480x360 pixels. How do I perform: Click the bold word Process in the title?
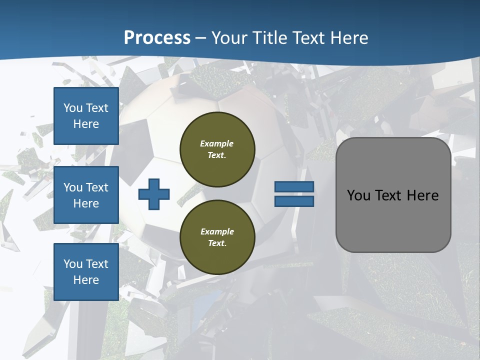tap(157, 38)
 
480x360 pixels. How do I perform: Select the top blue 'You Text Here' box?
tap(86, 116)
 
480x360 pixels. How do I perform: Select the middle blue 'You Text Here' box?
tap(86, 195)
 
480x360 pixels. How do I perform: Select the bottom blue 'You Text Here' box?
tap(86, 272)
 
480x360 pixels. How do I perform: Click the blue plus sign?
tap(154, 194)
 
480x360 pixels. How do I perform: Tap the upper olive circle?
tap(217, 149)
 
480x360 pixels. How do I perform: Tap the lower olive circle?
tap(217, 237)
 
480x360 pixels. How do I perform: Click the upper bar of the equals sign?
tap(294, 187)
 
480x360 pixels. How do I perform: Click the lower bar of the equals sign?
tap(294, 201)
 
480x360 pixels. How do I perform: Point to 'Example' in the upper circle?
tap(217, 143)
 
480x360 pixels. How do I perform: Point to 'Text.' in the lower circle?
tap(217, 243)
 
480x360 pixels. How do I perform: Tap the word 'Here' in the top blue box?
tap(86, 124)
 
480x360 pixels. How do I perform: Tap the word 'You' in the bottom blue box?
tap(73, 264)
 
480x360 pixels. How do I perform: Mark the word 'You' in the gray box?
tap(358, 195)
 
